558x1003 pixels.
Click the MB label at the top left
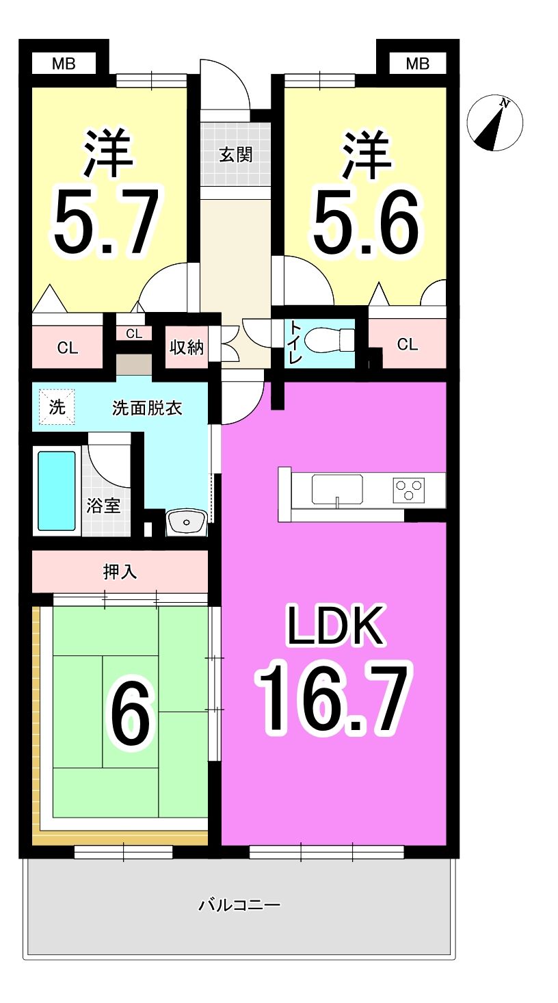click(64, 64)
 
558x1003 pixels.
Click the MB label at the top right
click(418, 64)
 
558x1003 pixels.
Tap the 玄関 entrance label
click(236, 155)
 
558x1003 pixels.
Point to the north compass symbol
click(494, 122)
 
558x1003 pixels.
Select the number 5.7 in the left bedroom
click(107, 221)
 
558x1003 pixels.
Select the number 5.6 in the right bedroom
click(366, 221)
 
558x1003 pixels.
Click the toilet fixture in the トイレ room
click(330, 340)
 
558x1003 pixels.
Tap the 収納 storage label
click(187, 347)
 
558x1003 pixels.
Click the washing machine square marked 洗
click(57, 407)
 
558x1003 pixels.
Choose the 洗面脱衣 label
click(147, 408)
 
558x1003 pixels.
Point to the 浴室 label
click(103, 506)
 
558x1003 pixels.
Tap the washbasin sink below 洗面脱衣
click(186, 522)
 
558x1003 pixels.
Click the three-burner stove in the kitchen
click(408, 489)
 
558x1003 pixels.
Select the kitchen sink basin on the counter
click(337, 489)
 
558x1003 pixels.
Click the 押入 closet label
click(120, 572)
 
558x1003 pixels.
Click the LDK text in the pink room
click(336, 625)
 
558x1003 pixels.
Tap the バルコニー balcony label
click(239, 905)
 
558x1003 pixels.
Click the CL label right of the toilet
click(407, 344)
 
